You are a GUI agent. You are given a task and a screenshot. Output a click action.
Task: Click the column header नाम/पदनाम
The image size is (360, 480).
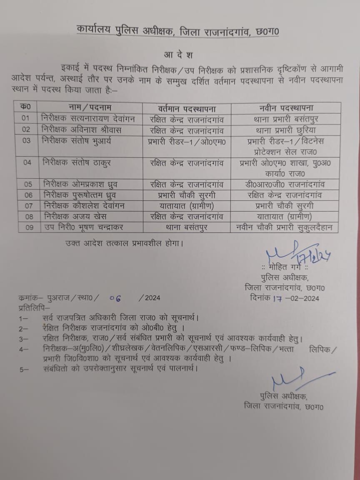(x=90, y=107)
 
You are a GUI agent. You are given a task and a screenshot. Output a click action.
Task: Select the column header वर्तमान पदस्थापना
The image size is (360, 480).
(x=187, y=108)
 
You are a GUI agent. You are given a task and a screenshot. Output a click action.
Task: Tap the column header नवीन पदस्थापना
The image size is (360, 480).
(x=285, y=107)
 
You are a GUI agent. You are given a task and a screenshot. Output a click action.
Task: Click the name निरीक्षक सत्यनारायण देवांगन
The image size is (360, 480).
(x=88, y=119)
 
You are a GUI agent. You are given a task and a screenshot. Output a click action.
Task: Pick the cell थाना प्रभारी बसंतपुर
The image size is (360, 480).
(x=285, y=119)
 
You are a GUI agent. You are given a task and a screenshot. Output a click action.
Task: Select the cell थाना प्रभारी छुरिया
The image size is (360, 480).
(x=285, y=130)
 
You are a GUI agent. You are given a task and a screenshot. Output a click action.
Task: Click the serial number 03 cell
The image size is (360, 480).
(x=27, y=141)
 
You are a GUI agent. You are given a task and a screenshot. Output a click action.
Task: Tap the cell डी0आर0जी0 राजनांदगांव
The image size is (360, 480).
(x=285, y=184)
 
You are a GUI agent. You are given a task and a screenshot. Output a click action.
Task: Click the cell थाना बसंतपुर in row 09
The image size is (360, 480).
(x=187, y=228)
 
